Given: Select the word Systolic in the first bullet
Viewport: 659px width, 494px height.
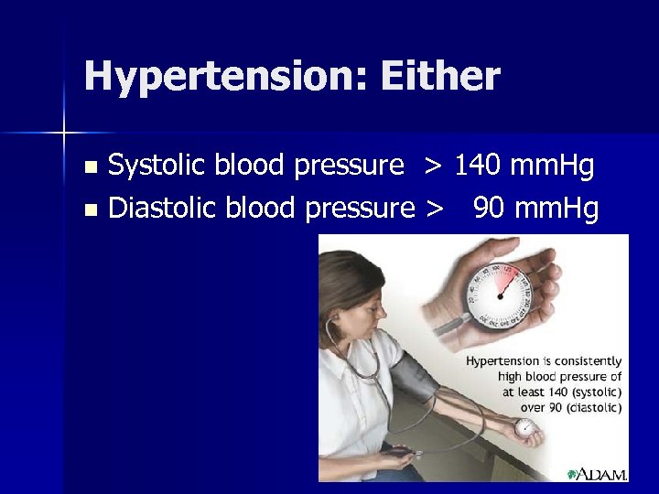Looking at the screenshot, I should (x=159, y=166).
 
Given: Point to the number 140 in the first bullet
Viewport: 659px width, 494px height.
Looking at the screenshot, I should (x=479, y=166).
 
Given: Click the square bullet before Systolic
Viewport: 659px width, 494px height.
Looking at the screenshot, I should (x=89, y=168).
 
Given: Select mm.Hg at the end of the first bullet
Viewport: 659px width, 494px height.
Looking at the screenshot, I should (x=552, y=166).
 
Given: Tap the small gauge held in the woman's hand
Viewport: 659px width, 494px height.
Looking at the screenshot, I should (x=524, y=427).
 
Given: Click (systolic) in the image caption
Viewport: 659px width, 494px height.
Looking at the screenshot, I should (x=590, y=392).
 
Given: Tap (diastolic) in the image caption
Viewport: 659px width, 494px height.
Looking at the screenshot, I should (x=590, y=407).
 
